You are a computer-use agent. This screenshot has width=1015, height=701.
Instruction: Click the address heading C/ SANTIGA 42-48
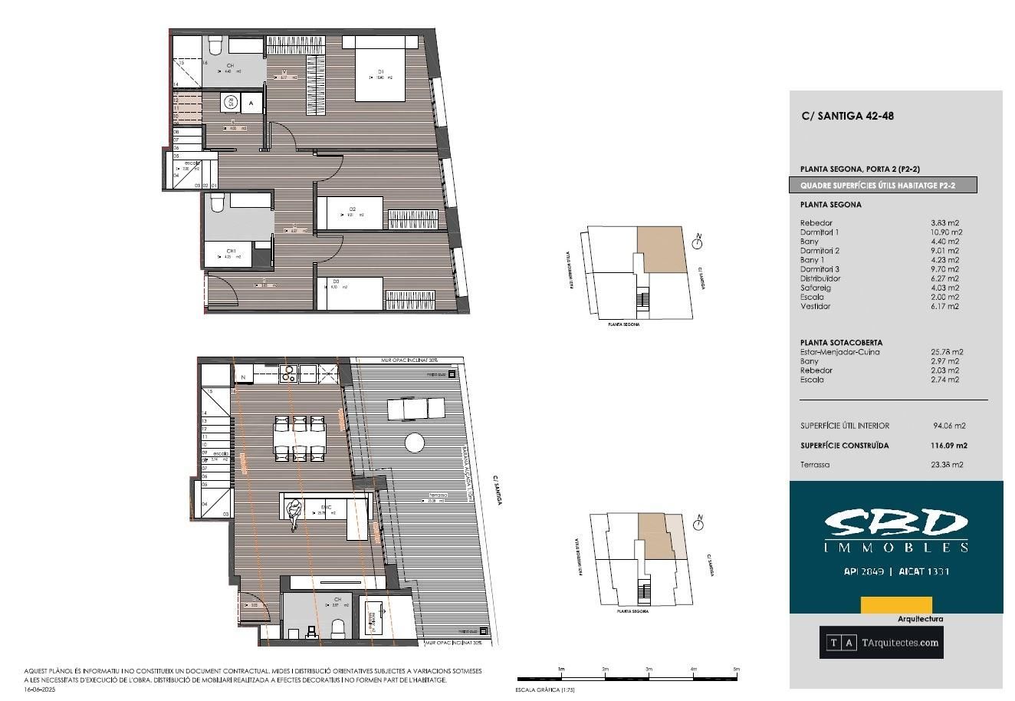(x=847, y=117)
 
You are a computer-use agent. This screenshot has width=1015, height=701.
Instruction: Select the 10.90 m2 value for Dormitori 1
(x=946, y=232)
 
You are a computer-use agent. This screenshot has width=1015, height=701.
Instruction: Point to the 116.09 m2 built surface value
(x=948, y=446)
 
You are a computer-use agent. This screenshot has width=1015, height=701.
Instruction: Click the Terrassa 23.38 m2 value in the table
(x=947, y=464)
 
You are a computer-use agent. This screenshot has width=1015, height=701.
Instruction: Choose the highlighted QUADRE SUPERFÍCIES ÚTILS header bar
(x=883, y=185)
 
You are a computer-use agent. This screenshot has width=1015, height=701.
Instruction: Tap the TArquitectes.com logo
(x=881, y=643)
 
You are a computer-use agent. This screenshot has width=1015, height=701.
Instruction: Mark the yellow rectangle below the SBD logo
(x=885, y=604)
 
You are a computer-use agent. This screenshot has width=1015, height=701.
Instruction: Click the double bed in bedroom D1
(x=379, y=72)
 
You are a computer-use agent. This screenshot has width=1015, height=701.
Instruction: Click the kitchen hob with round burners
(x=288, y=374)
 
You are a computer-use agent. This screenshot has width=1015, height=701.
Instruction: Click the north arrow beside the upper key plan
(x=698, y=243)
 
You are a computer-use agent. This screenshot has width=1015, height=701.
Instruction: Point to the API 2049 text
(x=864, y=571)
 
